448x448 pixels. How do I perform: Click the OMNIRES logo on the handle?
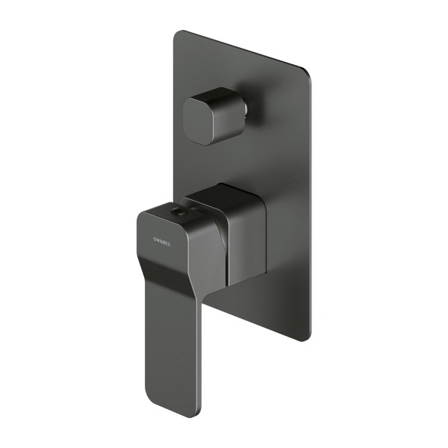(157, 240)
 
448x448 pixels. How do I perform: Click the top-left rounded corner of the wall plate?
(180, 35)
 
